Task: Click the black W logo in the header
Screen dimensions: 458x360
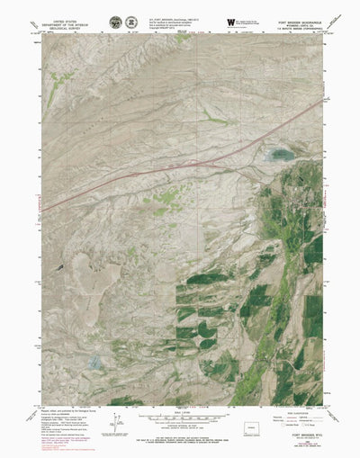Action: point(232,20)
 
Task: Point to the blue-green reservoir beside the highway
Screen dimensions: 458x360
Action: point(281,155)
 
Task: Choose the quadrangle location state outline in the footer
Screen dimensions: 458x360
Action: point(253,427)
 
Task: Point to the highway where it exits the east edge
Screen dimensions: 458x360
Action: point(319,101)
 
